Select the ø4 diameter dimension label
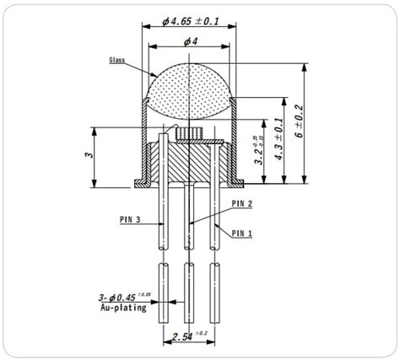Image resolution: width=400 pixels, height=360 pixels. click(192, 42)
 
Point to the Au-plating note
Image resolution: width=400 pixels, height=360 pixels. click(123, 308)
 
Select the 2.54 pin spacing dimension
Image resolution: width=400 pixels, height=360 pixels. click(188, 337)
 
